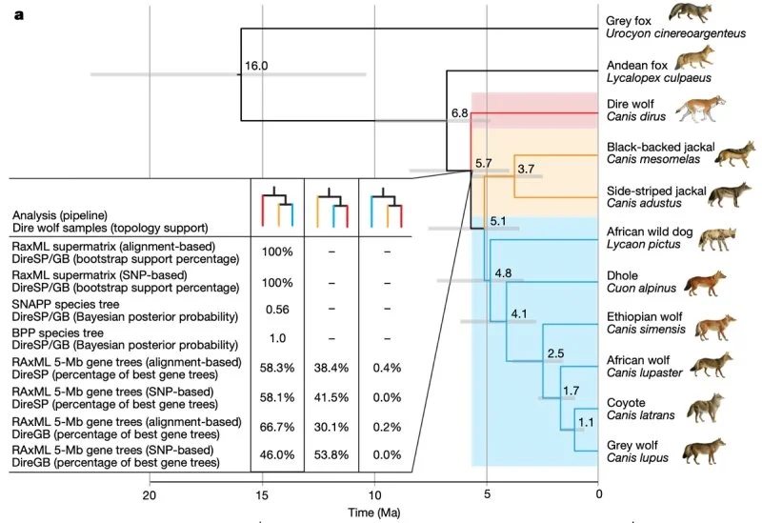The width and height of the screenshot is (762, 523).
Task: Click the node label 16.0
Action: pos(256,66)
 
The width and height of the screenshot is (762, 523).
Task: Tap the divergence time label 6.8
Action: pos(459,113)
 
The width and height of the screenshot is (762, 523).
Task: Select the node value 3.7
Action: pos(526,169)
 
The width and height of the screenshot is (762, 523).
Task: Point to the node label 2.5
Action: pos(555,353)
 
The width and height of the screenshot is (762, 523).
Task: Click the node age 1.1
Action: pos(586,422)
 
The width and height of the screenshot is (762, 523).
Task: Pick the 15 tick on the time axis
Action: pos(262,494)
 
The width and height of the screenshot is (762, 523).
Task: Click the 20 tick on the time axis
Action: pos(150,494)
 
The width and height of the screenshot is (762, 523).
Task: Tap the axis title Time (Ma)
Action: pos(374,513)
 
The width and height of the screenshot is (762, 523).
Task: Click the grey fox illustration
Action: pos(690,12)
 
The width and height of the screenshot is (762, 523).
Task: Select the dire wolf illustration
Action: pos(700,109)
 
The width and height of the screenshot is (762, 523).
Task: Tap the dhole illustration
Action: pos(705,283)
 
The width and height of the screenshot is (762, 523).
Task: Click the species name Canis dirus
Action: pos(636,116)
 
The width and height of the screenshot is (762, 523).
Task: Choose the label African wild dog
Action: pos(650,231)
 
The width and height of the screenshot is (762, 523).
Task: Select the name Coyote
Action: pos(626,403)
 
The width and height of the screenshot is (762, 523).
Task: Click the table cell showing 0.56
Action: pos(277,310)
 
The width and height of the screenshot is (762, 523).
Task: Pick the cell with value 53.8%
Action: pos(331,455)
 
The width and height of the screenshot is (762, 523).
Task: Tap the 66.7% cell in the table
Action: pos(277,427)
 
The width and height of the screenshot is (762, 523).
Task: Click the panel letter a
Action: pos(19,15)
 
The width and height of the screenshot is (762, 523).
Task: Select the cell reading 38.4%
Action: pos(331,368)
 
